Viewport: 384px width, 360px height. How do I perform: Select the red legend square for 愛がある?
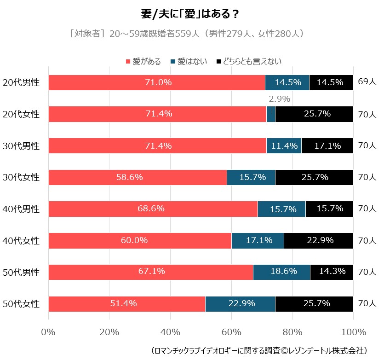pos(128,61)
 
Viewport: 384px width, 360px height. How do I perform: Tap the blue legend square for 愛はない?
pos(173,61)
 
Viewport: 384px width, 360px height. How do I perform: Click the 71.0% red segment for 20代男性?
pos(156,82)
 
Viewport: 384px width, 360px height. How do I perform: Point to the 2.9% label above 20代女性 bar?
pos(279,99)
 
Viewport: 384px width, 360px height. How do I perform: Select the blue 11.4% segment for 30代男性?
pos(284,146)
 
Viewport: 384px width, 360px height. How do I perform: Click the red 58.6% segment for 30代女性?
pos(138,177)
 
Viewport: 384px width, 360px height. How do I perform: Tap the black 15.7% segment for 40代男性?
pos(329,209)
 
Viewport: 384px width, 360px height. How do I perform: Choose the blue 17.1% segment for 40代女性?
pos(258,240)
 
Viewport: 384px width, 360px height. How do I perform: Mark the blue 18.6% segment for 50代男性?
pos(281,272)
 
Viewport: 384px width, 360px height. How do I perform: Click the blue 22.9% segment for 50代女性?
pos(240,303)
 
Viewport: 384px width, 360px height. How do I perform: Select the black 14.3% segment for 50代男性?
pos(332,272)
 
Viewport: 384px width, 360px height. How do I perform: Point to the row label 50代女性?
pos(21,303)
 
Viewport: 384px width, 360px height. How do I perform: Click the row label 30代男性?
pos(21,146)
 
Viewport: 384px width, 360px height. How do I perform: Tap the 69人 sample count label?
pos(367,82)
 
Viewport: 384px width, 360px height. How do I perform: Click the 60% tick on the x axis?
pos(231,332)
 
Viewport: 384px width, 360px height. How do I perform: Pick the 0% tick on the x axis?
pos(48,332)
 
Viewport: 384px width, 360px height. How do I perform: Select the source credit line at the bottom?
pos(259,351)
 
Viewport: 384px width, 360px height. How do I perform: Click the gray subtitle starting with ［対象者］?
pos(186,34)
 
